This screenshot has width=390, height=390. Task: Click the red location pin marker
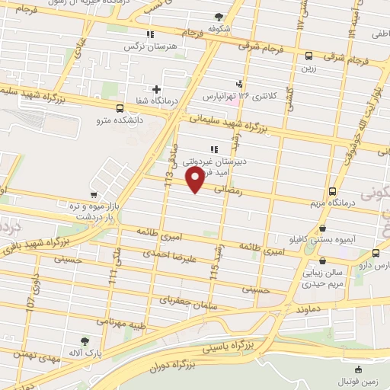click(x=196, y=181)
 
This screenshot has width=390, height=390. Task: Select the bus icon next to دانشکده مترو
click(x=120, y=107)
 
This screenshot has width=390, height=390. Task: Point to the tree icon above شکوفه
click(x=219, y=16)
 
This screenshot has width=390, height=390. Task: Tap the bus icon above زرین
click(x=308, y=55)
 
